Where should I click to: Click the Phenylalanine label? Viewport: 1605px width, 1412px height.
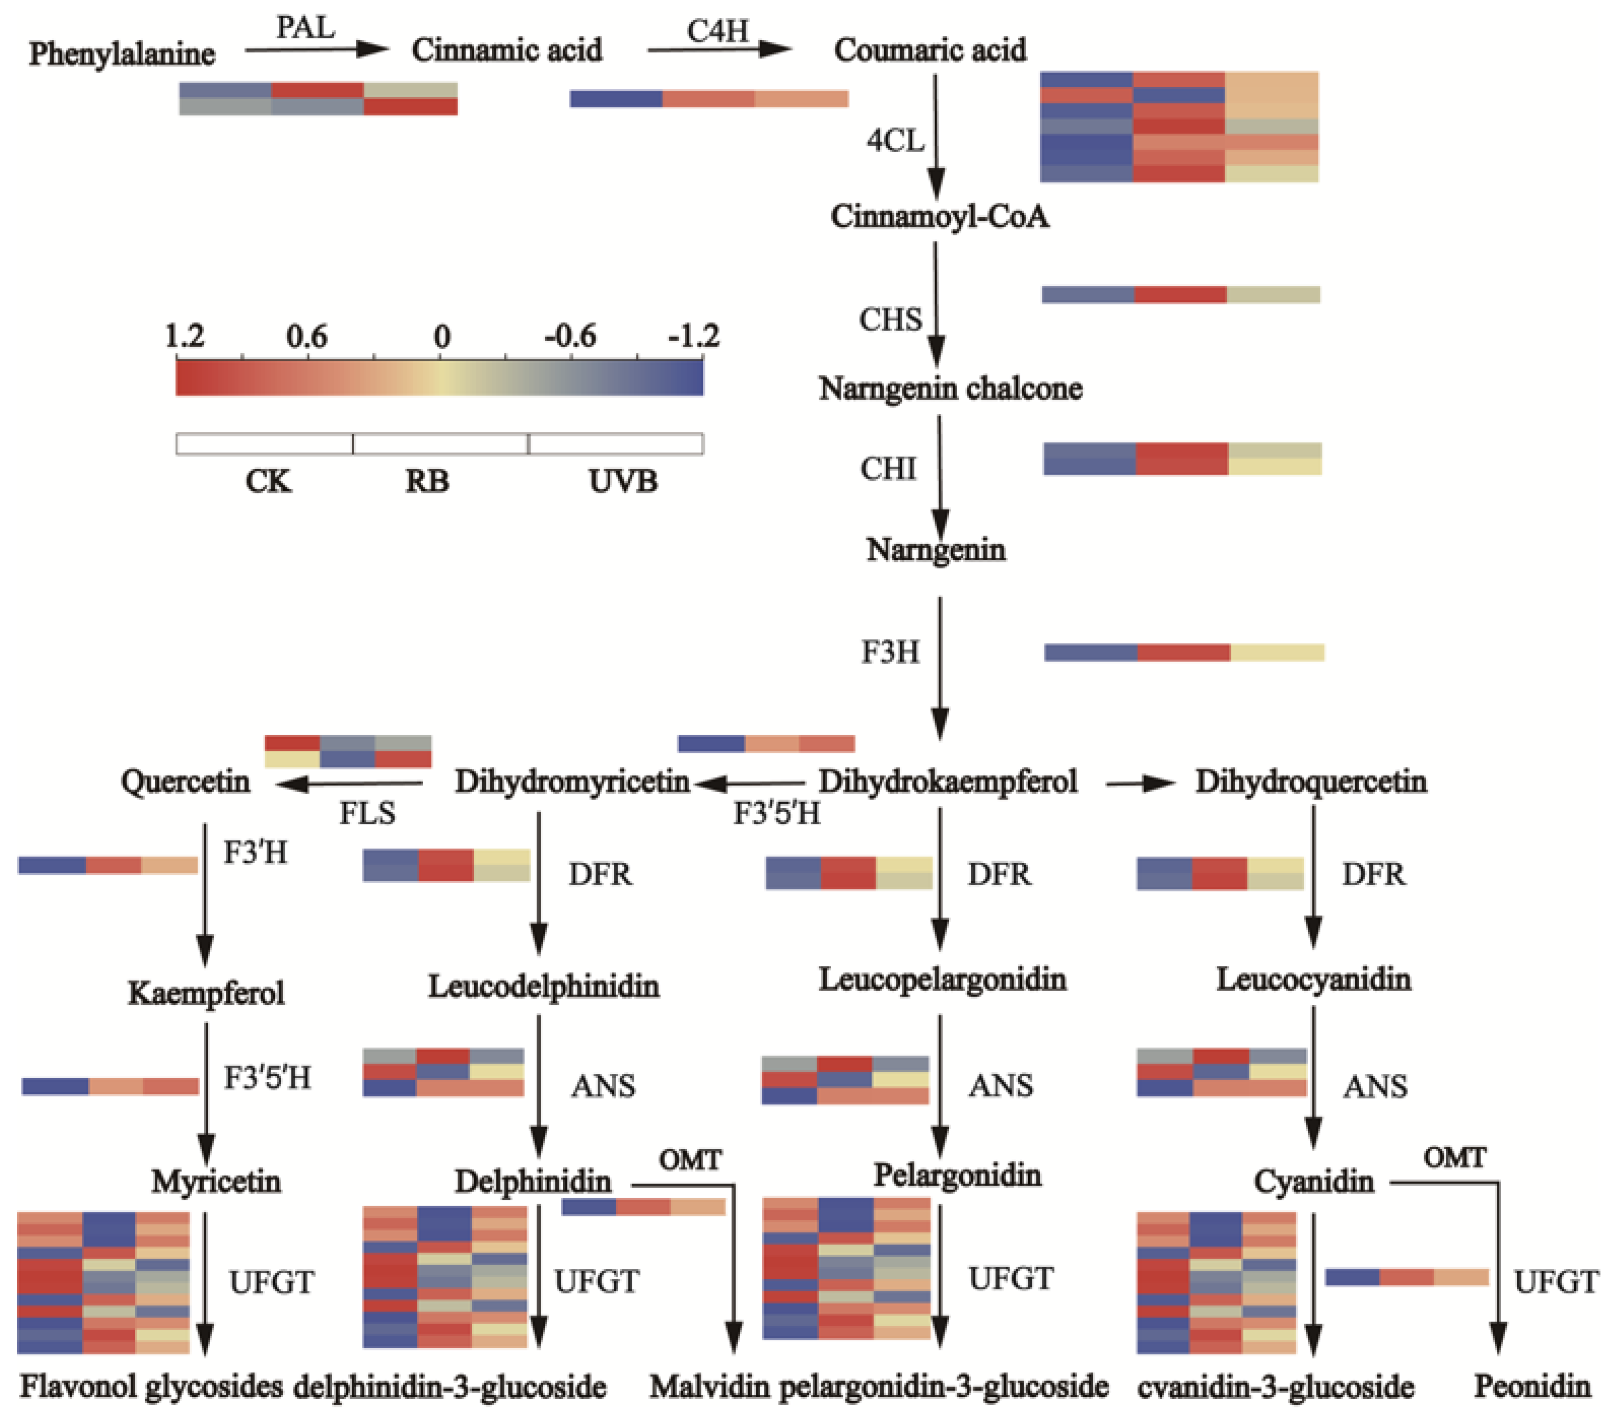click(x=122, y=53)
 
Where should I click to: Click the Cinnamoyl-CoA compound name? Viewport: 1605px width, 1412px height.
click(x=940, y=216)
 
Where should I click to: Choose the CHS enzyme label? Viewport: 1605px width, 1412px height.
click(x=890, y=320)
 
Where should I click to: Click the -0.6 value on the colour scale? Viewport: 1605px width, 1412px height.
click(x=570, y=336)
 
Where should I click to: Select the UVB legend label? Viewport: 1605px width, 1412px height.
click(x=623, y=481)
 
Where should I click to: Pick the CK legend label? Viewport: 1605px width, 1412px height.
click(x=268, y=481)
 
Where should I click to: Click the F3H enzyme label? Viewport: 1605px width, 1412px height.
click(x=890, y=652)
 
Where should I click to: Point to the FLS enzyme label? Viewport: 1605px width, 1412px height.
click(x=367, y=813)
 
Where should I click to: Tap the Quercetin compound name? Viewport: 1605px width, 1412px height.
click(x=185, y=781)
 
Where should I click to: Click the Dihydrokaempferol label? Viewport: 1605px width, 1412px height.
click(x=948, y=781)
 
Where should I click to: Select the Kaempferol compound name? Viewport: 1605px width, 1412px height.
click(x=206, y=993)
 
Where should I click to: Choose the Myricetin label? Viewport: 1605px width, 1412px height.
click(x=216, y=1181)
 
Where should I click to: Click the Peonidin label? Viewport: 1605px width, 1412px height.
click(x=1532, y=1386)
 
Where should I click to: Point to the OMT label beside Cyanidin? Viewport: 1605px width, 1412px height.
click(x=1454, y=1158)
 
